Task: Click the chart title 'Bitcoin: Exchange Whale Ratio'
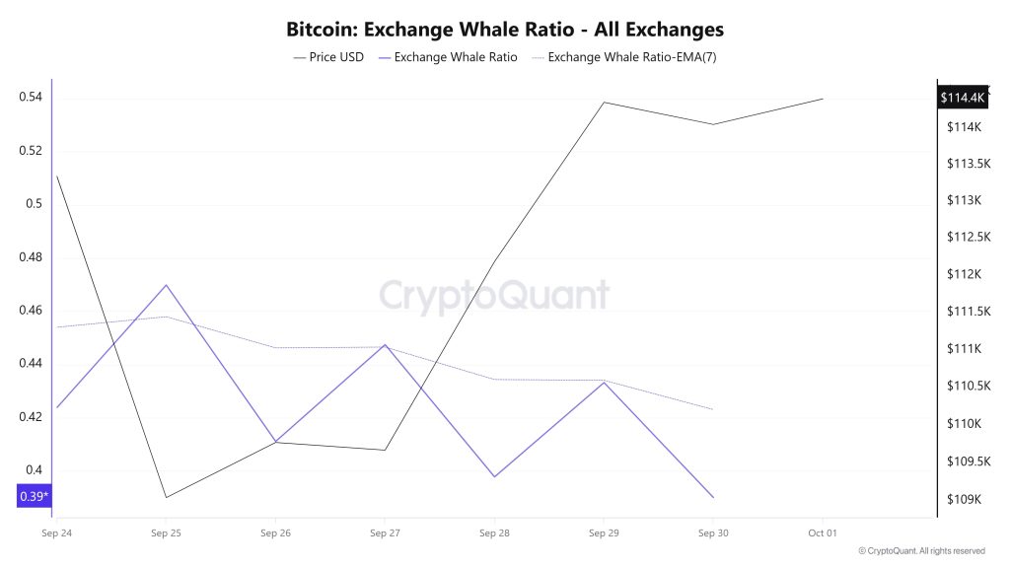pos(504,30)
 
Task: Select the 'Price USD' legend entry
pos(328,57)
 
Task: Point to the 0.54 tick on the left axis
pos(30,98)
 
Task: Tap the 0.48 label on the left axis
pos(30,257)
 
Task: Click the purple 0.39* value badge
pos(34,496)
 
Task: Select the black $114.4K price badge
pos(963,98)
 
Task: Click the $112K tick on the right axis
pos(963,274)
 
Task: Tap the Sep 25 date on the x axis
pos(166,533)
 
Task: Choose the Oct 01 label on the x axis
pos(823,533)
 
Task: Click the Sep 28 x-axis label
pos(494,533)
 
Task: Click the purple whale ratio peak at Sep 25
pos(166,285)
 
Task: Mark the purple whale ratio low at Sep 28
pos(494,477)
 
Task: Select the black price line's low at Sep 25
pos(166,497)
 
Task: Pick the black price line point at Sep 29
pos(604,102)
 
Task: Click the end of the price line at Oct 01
pos(823,99)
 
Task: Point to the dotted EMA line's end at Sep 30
pos(713,409)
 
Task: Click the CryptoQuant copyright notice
pos(921,551)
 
